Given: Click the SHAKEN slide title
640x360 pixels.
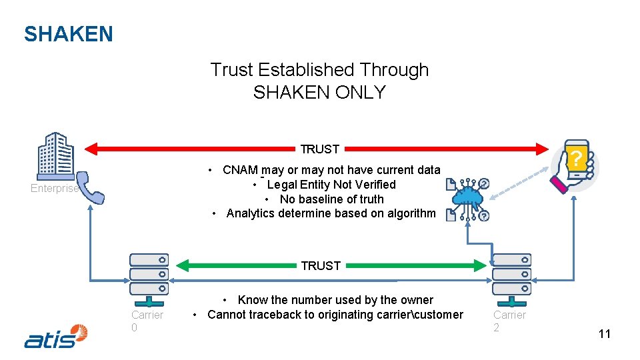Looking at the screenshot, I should point(68,34).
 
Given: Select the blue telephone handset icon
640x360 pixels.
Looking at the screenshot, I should point(89,188).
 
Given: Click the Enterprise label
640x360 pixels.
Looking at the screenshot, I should point(54,189).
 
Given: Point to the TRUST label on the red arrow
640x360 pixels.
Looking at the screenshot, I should point(320,149).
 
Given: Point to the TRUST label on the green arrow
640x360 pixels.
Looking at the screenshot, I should point(321,265).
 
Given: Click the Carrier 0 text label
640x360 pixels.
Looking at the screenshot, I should point(147,321).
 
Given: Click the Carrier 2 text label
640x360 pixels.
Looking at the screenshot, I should point(509,321).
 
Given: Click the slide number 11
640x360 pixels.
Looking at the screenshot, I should point(604,334).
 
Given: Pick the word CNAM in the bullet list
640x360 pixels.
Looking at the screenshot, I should point(240,170).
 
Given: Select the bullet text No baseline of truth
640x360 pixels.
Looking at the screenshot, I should point(331,199).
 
